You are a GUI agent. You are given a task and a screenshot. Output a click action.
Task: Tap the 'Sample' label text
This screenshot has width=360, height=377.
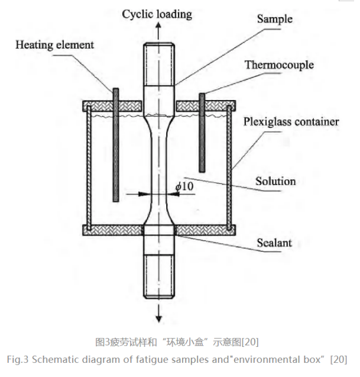(x=274, y=19)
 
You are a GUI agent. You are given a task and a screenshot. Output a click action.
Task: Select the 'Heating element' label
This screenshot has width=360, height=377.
(x=54, y=44)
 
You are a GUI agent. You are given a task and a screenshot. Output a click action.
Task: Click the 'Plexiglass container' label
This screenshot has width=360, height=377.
(x=291, y=123)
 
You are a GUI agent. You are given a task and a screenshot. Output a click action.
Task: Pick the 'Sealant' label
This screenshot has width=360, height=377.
(x=274, y=242)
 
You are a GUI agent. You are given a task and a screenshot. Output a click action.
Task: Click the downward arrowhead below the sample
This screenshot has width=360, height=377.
(x=159, y=318)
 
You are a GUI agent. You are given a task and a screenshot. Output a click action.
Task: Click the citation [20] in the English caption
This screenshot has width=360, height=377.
(x=339, y=359)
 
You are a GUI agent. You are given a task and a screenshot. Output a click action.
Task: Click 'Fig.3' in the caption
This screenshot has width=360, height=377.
(x=18, y=359)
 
